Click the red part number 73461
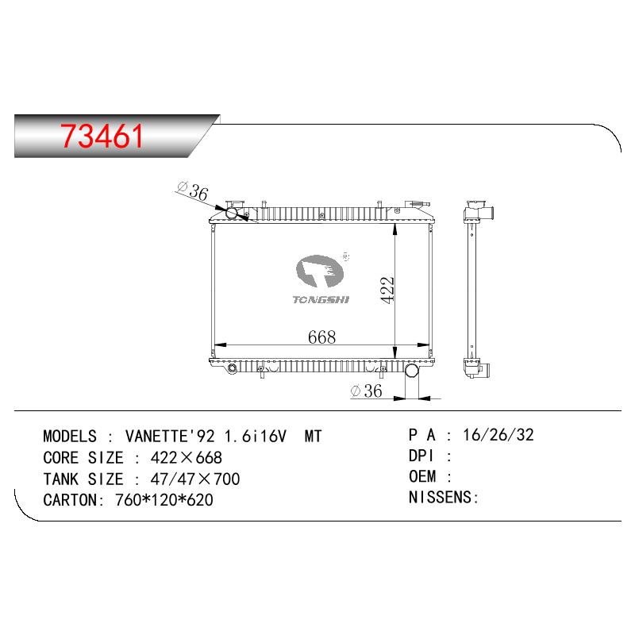coord(102,136)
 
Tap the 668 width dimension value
coord(322,337)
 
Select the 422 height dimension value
coord(387,290)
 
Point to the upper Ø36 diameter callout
coord(193,191)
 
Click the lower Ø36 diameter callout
coord(367,391)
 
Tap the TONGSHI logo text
coord(321,300)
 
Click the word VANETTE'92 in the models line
coord(170,436)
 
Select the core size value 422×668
coord(187,458)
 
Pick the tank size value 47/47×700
coord(195,479)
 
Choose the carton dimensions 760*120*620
coord(164,500)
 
